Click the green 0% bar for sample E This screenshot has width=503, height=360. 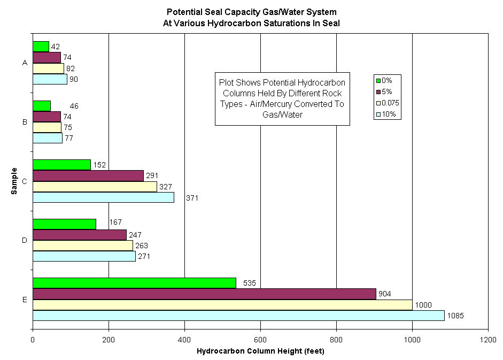click(134, 283)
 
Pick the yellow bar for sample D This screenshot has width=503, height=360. click(82, 246)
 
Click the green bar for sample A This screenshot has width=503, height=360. click(41, 47)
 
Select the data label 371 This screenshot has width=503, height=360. click(193, 198)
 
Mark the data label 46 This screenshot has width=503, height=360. click(74, 106)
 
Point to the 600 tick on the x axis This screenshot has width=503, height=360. click(260, 340)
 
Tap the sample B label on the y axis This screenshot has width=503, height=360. click(25, 122)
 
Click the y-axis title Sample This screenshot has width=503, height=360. click(14, 181)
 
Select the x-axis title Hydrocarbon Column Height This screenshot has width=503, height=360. click(260, 351)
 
